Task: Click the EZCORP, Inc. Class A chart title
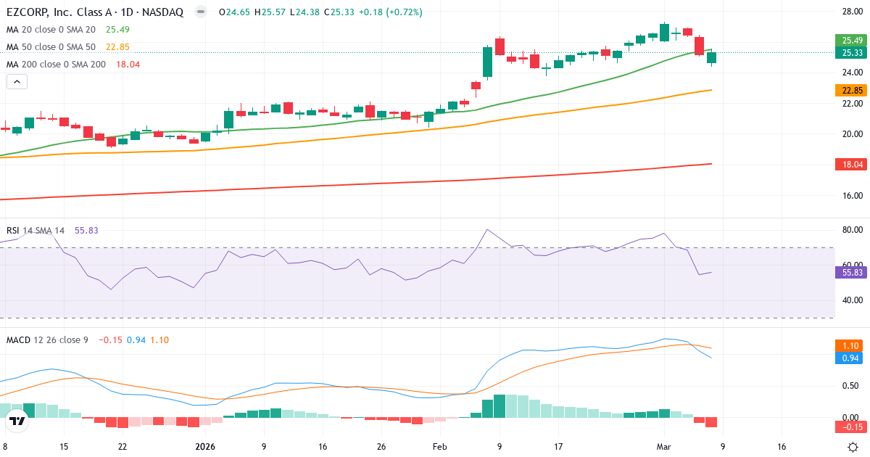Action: pyautogui.click(x=95, y=12)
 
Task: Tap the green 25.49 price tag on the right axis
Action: pyautogui.click(x=852, y=40)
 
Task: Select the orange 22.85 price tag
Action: pyautogui.click(x=852, y=91)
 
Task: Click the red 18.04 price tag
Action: pyautogui.click(x=852, y=165)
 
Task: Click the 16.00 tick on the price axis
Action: pyautogui.click(x=851, y=196)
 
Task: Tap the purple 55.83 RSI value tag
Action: pyautogui.click(x=852, y=273)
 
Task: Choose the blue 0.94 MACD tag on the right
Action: pyautogui.click(x=852, y=358)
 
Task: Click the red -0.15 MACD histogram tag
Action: pyautogui.click(x=852, y=426)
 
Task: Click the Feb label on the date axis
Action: pyautogui.click(x=440, y=447)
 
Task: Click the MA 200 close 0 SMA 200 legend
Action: pyautogui.click(x=57, y=65)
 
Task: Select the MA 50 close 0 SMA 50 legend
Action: pyautogui.click(x=51, y=47)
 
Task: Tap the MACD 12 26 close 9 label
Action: pyautogui.click(x=47, y=339)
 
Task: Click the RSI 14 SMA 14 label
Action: pyautogui.click(x=36, y=231)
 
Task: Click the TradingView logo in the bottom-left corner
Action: pyautogui.click(x=17, y=420)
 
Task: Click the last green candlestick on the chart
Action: pyautogui.click(x=711, y=57)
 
